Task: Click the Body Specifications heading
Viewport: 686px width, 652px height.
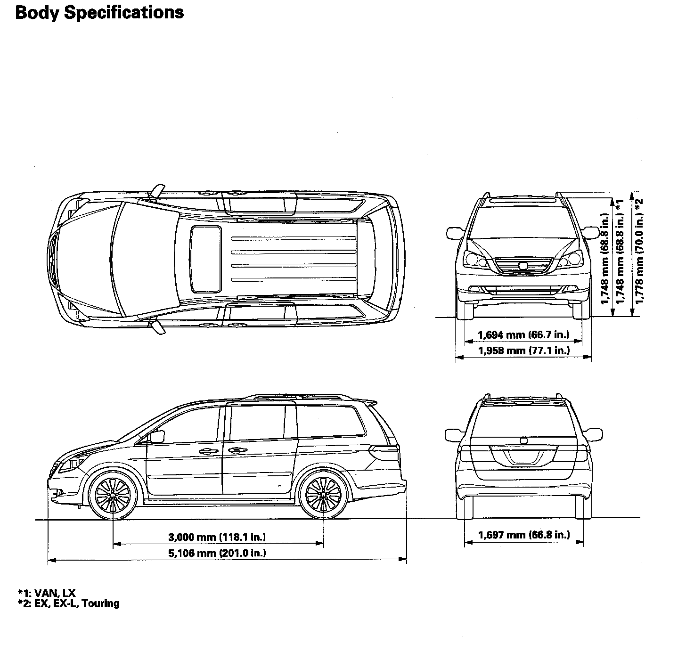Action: pyautogui.click(x=99, y=13)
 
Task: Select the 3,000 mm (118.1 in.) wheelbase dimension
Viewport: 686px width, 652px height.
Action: pyautogui.click(x=217, y=537)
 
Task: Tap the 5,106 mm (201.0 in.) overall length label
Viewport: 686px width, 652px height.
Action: pyautogui.click(x=217, y=553)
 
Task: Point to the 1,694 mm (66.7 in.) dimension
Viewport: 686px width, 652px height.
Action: pyautogui.click(x=523, y=335)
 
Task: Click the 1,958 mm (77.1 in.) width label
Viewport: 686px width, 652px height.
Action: pyautogui.click(x=523, y=350)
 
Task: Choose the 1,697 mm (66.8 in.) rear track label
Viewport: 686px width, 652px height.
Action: pyautogui.click(x=524, y=535)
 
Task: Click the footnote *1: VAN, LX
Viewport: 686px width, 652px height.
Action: pyautogui.click(x=47, y=593)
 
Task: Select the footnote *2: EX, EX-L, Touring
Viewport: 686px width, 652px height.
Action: pyautogui.click(x=68, y=603)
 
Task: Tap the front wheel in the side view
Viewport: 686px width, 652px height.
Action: pyautogui.click(x=113, y=495)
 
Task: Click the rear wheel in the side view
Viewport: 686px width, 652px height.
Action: pyautogui.click(x=323, y=495)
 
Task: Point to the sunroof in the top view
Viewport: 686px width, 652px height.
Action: pyautogui.click(x=206, y=259)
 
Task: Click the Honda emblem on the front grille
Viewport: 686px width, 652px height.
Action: pyautogui.click(x=523, y=266)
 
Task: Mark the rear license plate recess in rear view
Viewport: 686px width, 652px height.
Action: pyautogui.click(x=523, y=456)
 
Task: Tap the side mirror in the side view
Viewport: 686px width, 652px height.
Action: pyautogui.click(x=156, y=436)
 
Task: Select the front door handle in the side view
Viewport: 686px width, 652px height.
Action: pyautogui.click(x=206, y=451)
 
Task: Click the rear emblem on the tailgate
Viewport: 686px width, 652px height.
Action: pyautogui.click(x=523, y=441)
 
